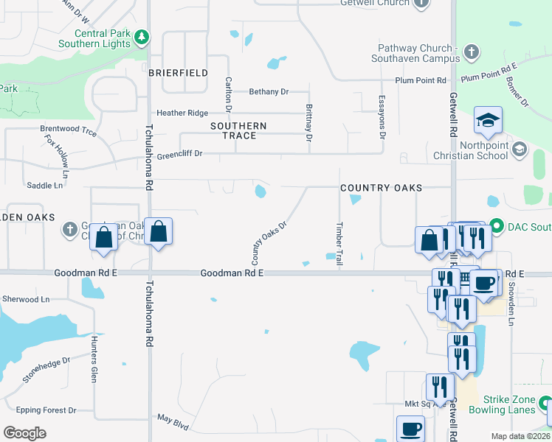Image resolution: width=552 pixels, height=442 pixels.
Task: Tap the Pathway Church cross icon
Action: [472, 52]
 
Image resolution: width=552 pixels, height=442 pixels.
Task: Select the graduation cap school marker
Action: [488, 120]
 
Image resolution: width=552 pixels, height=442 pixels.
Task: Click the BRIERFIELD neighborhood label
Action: [178, 73]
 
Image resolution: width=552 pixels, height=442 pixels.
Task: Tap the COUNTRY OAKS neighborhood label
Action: [381, 188]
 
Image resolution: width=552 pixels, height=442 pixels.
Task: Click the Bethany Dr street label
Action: [269, 92]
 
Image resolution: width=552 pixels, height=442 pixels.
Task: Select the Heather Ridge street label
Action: [182, 113]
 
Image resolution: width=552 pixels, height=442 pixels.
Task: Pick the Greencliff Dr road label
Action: [178, 153]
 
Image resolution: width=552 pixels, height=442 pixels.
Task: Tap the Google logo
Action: [24, 432]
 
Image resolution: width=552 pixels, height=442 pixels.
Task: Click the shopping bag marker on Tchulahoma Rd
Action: [159, 233]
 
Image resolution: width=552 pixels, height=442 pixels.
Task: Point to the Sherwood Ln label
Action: [25, 299]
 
